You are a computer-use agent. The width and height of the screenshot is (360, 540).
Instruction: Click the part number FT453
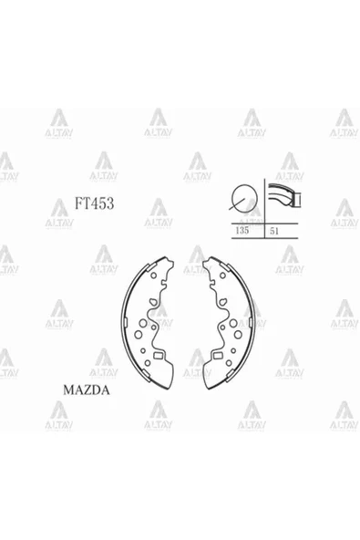[x=94, y=203]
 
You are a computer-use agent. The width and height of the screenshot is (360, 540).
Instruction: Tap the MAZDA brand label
[x=87, y=389]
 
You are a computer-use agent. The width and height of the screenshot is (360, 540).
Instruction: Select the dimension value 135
[x=242, y=230]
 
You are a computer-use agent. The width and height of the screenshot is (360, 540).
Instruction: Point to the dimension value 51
[x=274, y=231]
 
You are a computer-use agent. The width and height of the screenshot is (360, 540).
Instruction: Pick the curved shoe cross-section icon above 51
[x=284, y=194]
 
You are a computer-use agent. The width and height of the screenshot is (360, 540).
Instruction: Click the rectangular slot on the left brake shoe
[x=159, y=356]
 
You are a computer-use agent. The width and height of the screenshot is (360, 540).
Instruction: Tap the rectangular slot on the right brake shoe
[x=218, y=356]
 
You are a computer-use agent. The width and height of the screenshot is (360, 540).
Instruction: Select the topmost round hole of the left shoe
[x=153, y=275]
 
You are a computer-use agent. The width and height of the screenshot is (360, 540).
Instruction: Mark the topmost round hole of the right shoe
[x=222, y=275]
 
